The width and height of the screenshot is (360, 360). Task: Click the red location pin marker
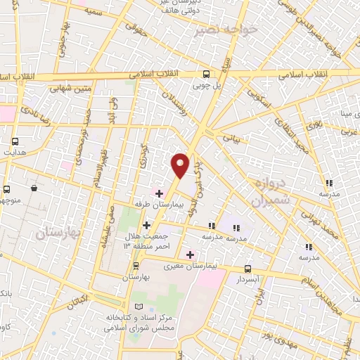tap(181, 165)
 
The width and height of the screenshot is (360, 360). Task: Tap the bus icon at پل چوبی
tap(206, 74)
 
